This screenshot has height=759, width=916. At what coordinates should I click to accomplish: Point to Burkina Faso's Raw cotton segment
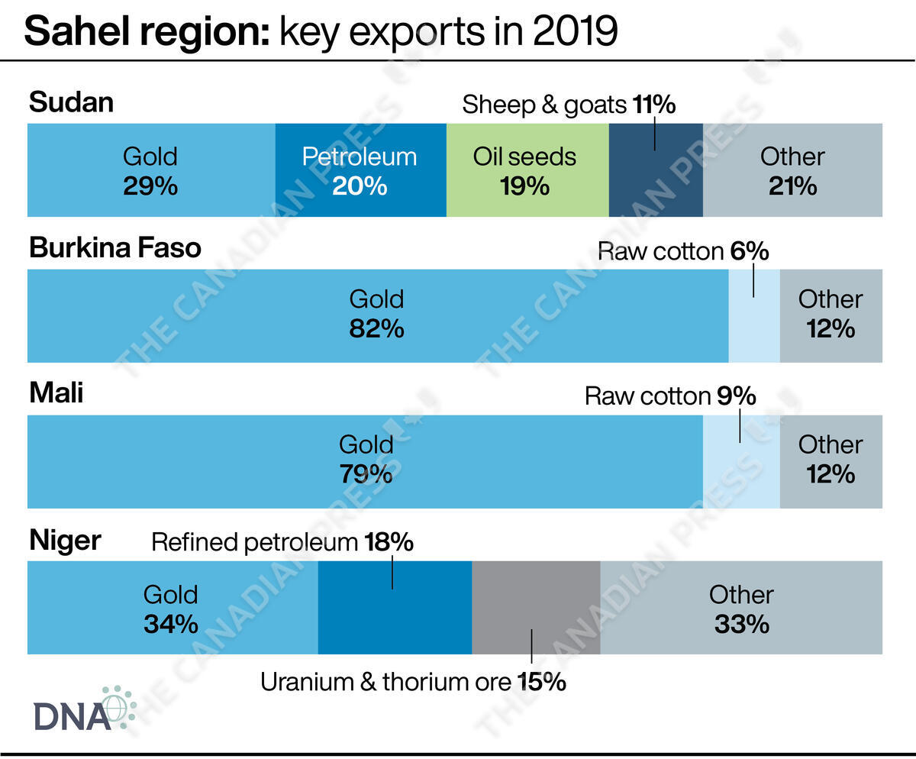tap(754, 315)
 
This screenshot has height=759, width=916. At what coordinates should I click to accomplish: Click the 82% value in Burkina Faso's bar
tap(376, 329)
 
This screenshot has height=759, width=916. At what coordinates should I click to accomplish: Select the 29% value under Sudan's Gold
tap(150, 186)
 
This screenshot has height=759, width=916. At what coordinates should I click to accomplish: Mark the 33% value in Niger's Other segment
tap(741, 624)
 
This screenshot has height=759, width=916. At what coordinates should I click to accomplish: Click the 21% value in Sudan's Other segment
tap(792, 186)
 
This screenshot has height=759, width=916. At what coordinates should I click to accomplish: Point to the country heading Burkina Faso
tap(115, 248)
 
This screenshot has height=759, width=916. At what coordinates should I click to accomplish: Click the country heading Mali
tap(56, 394)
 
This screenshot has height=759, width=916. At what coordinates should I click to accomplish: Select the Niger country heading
tap(65, 541)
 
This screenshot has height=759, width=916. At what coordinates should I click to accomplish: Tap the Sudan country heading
tap(71, 102)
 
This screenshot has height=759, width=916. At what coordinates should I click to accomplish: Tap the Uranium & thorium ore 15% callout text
tap(413, 681)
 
